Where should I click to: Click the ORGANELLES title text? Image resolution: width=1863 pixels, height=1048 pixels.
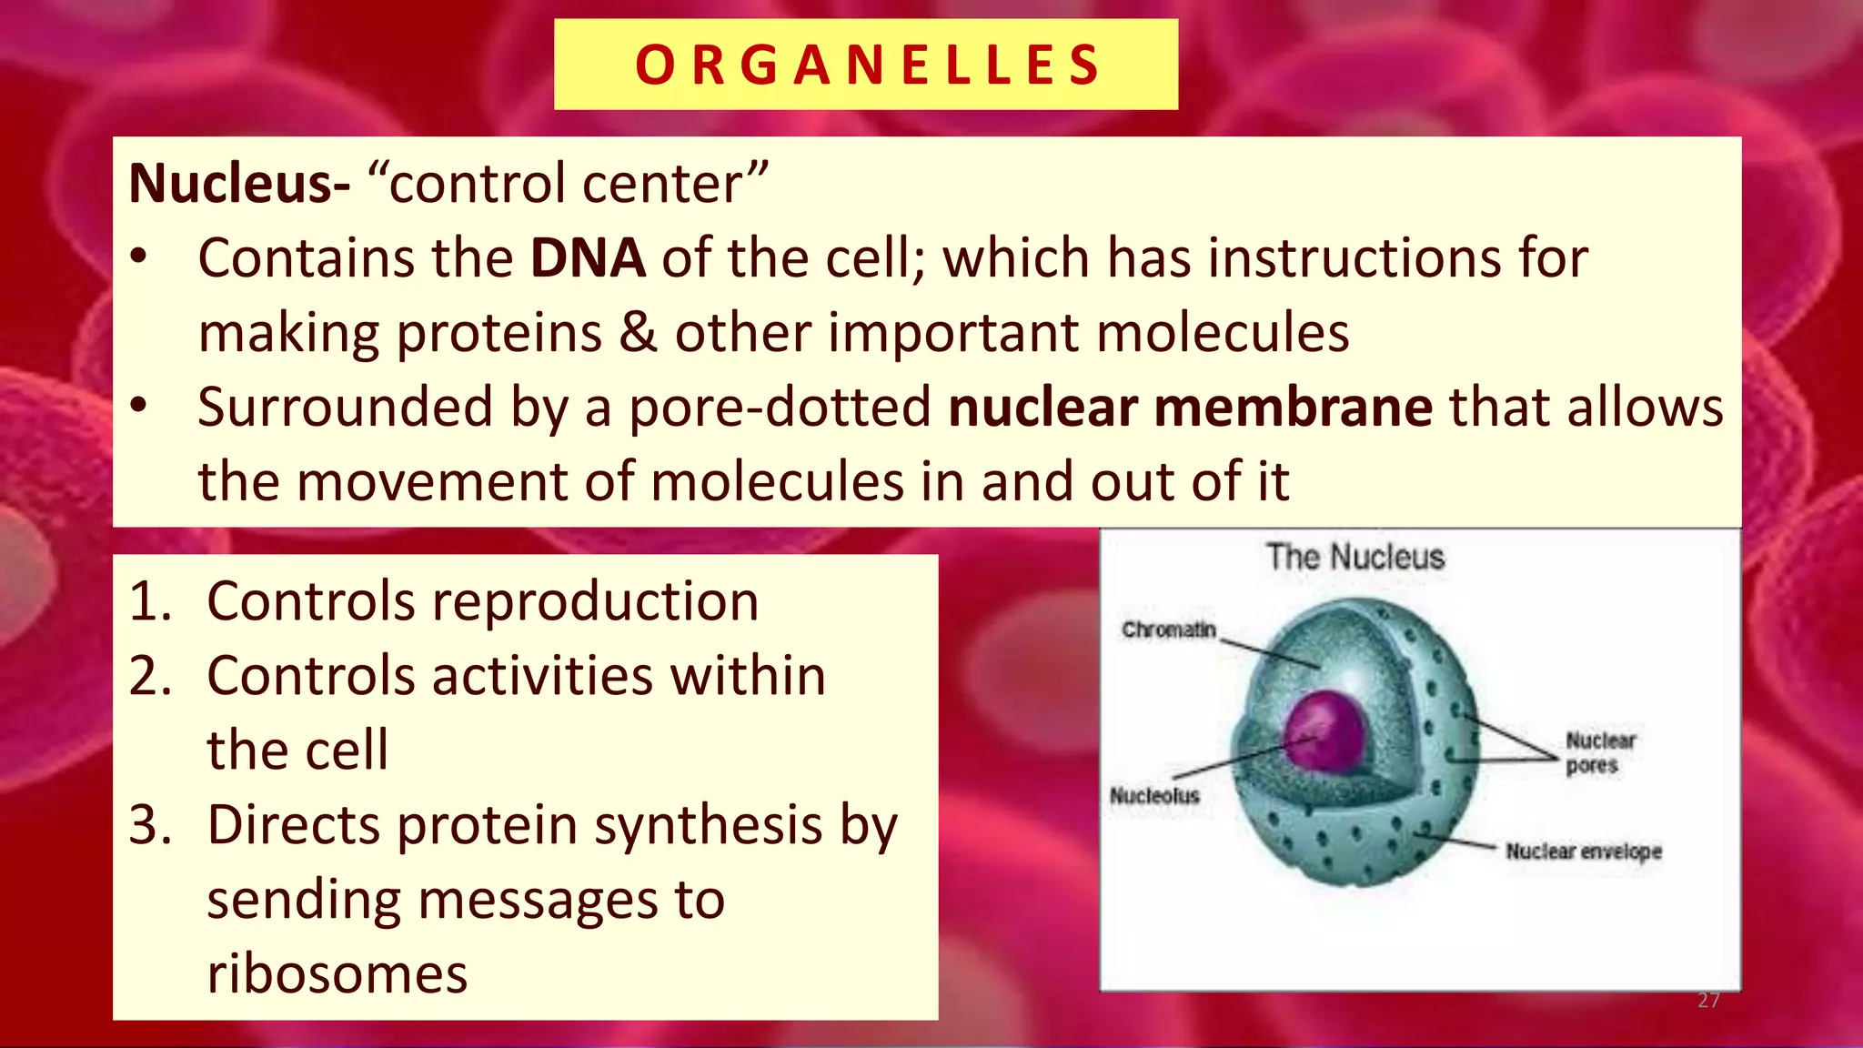tap(867, 65)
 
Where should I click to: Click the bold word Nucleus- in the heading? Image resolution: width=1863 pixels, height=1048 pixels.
tap(239, 183)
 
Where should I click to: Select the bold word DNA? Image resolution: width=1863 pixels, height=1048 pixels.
tap(588, 257)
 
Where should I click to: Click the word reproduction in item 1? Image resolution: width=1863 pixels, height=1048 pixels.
tap(595, 601)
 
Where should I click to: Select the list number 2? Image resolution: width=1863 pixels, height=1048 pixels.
tap(150, 676)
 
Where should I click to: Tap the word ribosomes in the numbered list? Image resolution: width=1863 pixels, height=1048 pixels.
tap(337, 973)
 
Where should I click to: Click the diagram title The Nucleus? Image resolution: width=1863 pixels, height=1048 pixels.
tap(1355, 557)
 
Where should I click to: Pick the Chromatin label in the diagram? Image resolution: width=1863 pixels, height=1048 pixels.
tap(1169, 630)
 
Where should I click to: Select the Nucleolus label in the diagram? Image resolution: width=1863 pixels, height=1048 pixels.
tap(1154, 796)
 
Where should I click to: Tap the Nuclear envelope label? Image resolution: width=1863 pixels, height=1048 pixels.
tap(1583, 851)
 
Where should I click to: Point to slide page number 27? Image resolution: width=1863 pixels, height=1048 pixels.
tap(1708, 1001)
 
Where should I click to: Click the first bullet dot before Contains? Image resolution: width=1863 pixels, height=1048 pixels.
tap(137, 258)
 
